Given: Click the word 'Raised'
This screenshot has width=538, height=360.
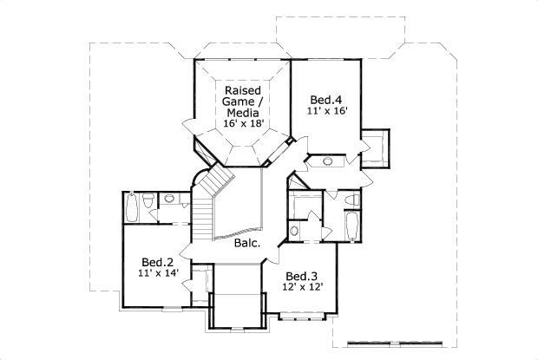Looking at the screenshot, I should (x=244, y=90).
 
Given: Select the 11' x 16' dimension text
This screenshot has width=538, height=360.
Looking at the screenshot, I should (x=327, y=110).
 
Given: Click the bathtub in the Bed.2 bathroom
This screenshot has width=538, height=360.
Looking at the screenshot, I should (x=132, y=209).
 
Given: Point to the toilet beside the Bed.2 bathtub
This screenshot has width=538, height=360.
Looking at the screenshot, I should (x=149, y=203).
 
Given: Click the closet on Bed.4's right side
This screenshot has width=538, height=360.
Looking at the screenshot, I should (x=376, y=147).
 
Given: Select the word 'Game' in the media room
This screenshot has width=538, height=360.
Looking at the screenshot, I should (x=244, y=102).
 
